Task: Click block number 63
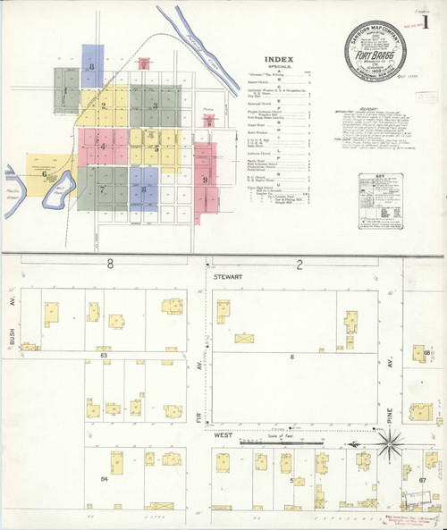pos(104,355)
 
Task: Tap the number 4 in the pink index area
pos(102,145)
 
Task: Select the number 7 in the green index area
pos(103,189)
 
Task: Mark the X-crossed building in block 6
pos(243,338)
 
